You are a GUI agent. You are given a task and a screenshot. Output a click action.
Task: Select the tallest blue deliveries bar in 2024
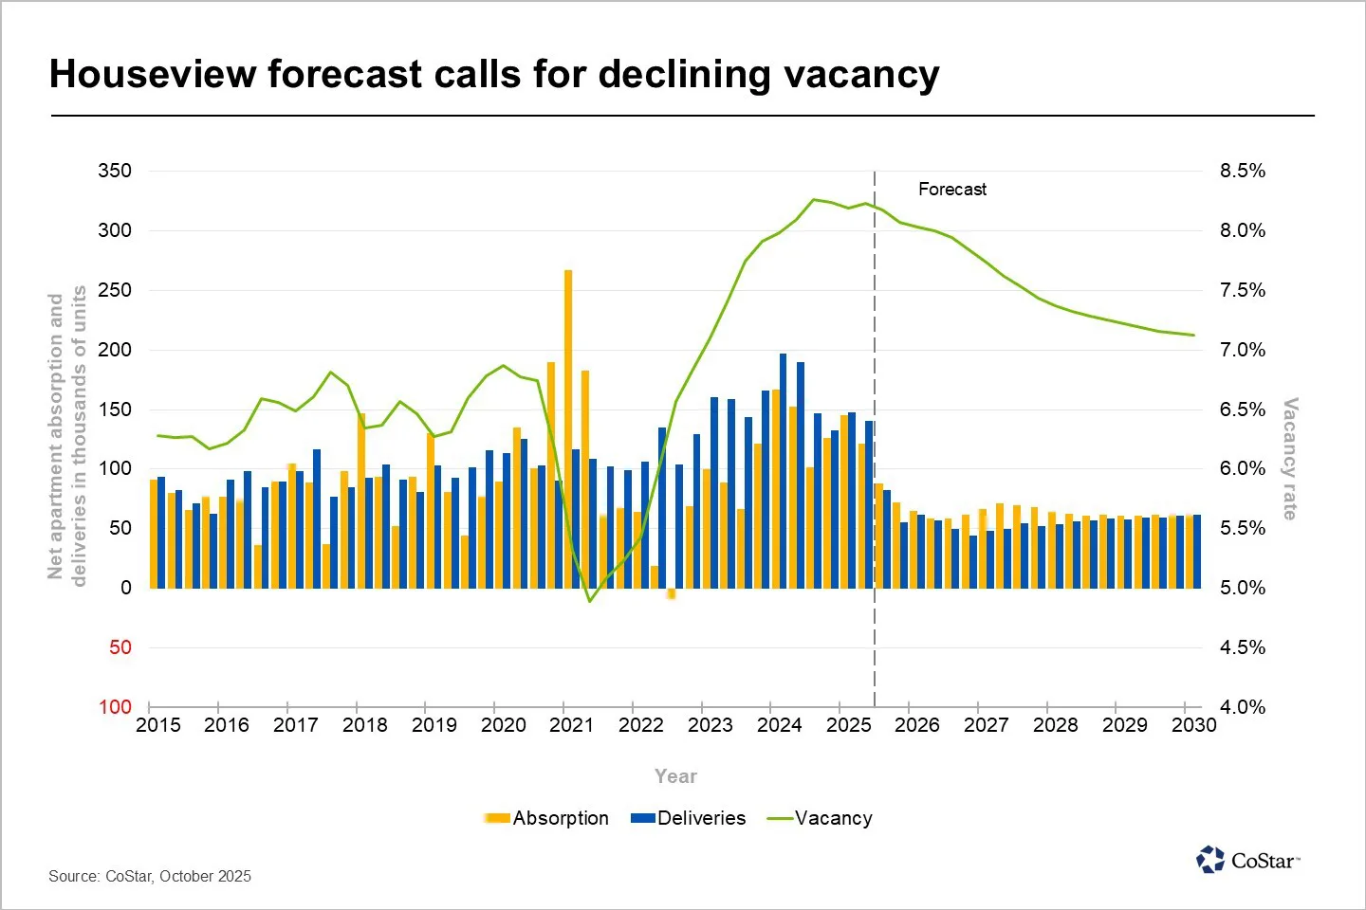[783, 470]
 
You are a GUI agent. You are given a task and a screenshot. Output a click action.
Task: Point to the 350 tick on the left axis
[115, 171]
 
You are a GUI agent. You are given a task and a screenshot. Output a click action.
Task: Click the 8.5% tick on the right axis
[1242, 171]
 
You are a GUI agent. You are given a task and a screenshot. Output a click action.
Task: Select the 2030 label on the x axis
[1193, 725]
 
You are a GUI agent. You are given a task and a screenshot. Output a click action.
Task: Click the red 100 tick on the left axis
[115, 707]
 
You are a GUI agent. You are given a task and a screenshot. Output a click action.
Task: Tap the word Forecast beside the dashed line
[951, 190]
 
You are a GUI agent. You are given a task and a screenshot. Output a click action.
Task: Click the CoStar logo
[1247, 860]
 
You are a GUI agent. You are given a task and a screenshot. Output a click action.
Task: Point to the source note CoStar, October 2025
[150, 876]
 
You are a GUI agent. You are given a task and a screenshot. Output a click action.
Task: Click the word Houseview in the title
[152, 74]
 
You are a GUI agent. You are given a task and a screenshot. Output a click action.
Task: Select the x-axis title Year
[675, 776]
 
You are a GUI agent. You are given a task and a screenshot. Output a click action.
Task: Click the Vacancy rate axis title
[1290, 459]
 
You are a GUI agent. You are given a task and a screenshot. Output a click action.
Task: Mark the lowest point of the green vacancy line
[589, 601]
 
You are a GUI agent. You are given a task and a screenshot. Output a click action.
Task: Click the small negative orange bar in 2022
[672, 593]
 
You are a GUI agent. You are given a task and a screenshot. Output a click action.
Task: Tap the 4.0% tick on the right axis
[1242, 707]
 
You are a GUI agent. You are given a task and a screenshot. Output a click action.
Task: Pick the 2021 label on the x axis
[572, 725]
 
